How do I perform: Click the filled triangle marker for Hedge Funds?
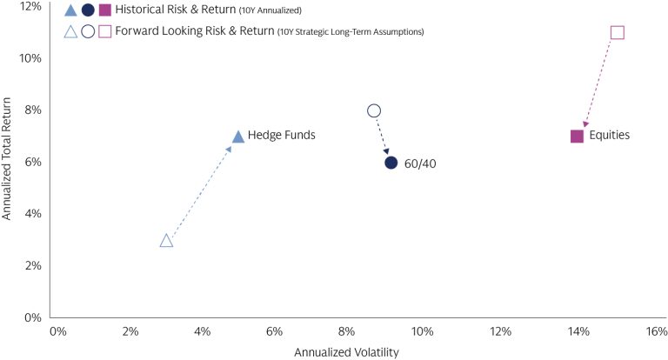point(237,137)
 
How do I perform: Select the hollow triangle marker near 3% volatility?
point(166,241)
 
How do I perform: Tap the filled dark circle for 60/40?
point(391,163)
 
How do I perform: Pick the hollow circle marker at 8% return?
point(374,110)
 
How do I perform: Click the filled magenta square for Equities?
point(577,136)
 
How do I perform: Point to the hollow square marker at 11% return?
point(618,32)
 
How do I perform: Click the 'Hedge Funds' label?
point(281,136)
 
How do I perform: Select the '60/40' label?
point(420,163)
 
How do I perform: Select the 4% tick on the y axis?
point(31,214)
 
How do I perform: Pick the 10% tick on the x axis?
point(423,331)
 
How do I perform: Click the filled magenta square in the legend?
point(105,10)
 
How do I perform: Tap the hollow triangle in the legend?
point(71,32)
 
